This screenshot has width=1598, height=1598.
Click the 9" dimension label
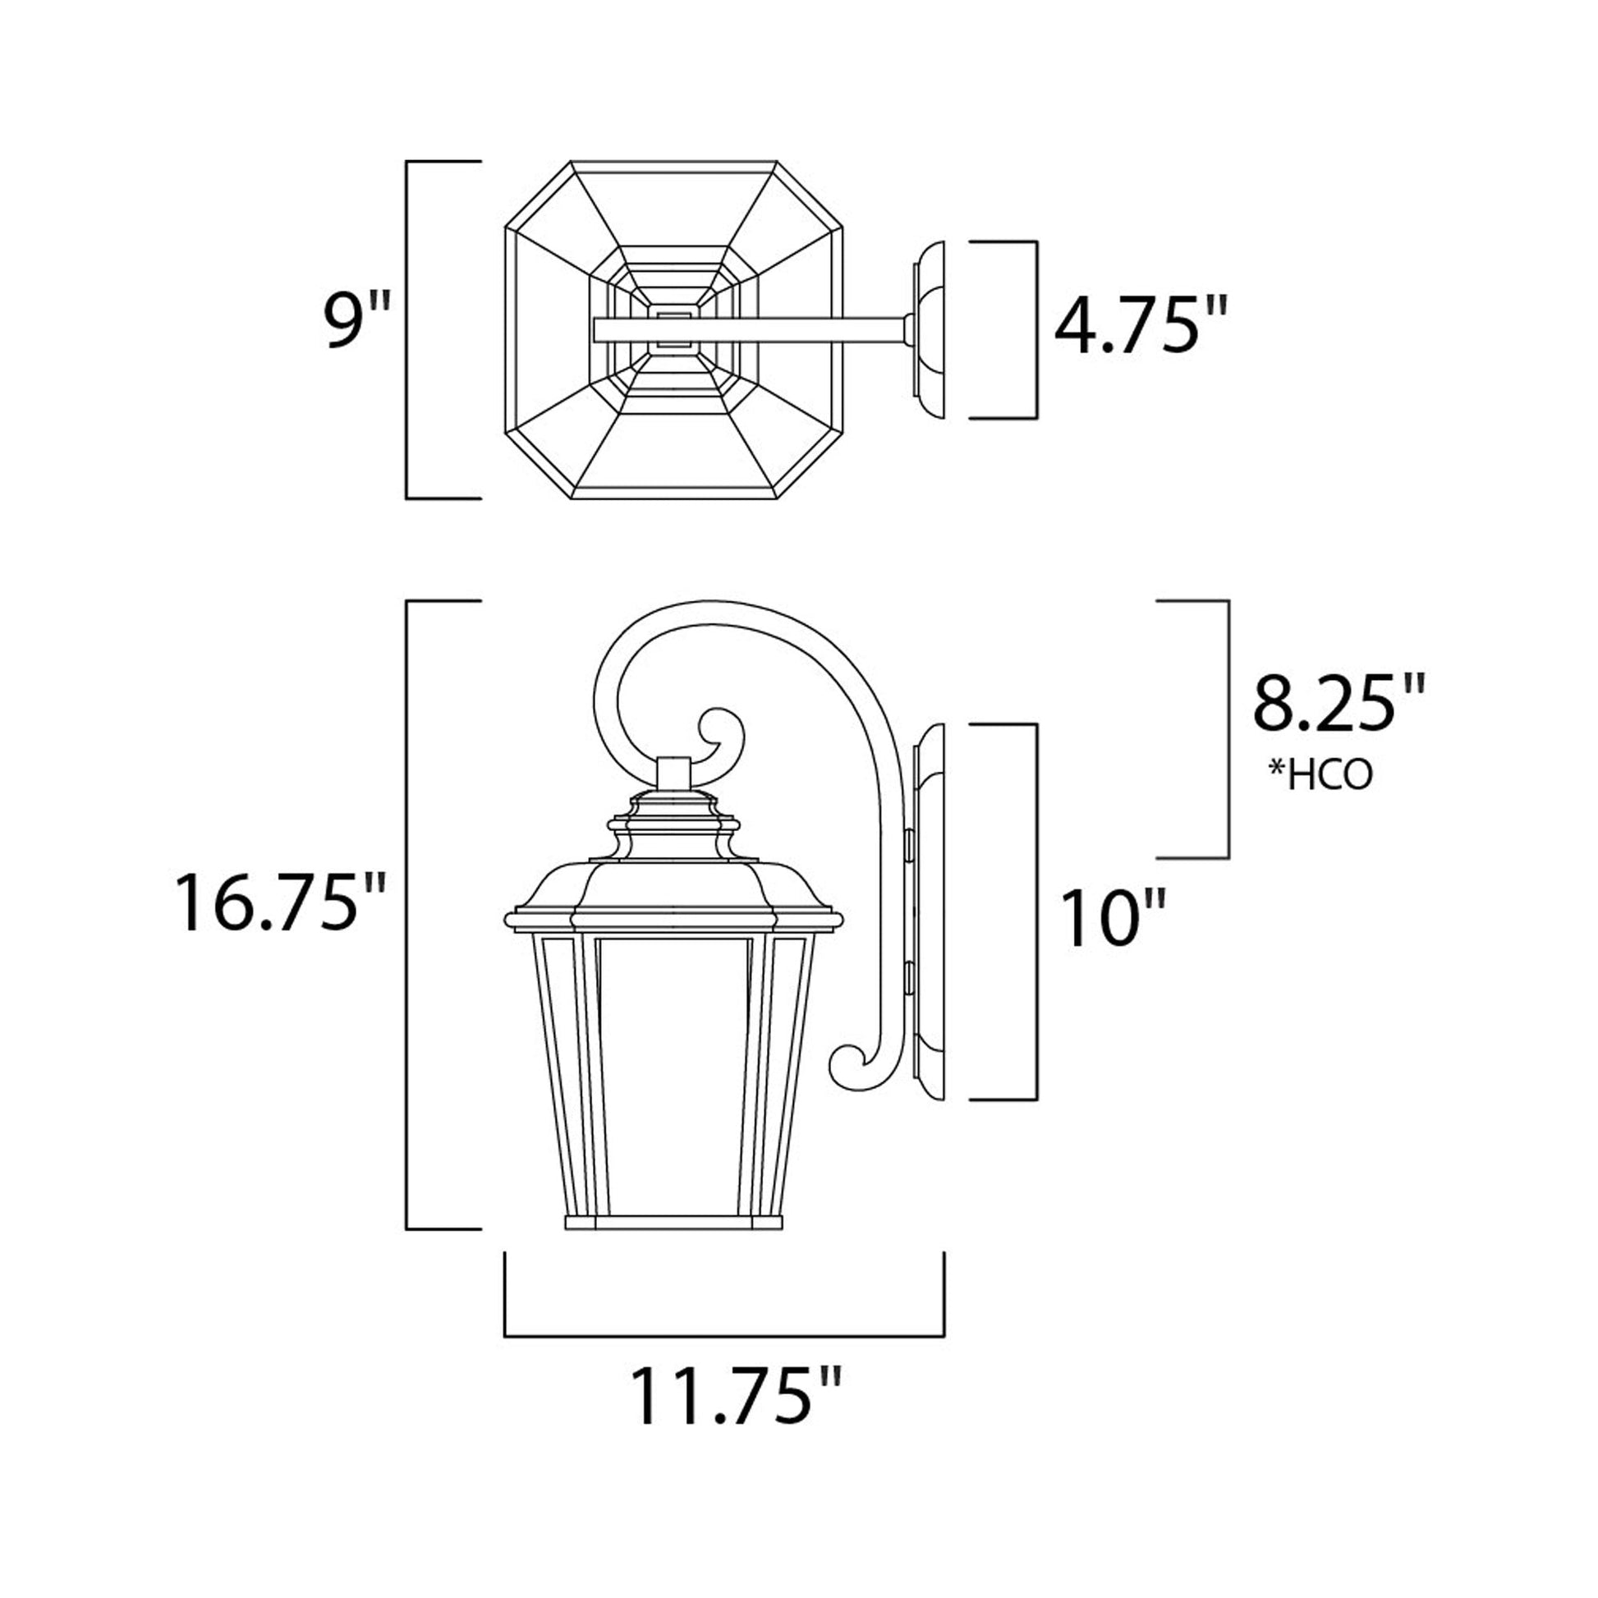(x=354, y=321)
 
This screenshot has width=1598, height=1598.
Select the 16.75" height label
(x=279, y=904)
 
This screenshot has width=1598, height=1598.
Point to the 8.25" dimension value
(x=1339, y=705)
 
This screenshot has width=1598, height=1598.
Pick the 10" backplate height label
(x=1114, y=919)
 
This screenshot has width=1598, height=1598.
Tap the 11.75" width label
(x=736, y=1398)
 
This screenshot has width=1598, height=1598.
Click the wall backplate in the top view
(x=928, y=330)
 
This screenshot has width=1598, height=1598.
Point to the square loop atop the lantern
(x=673, y=774)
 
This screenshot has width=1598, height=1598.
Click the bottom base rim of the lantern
(x=673, y=1223)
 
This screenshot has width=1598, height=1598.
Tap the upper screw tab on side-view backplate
(x=910, y=843)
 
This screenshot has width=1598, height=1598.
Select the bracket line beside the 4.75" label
(x=1035, y=330)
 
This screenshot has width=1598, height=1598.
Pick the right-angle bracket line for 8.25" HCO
(x=1228, y=728)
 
